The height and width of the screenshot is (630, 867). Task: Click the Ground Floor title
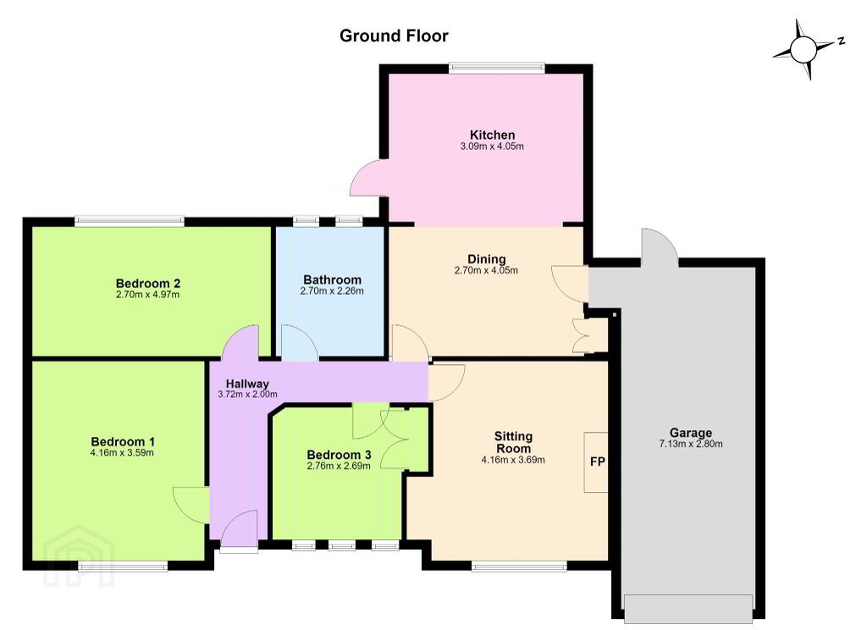pyautogui.click(x=394, y=36)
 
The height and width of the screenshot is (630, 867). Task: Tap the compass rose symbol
pyautogui.click(x=803, y=50)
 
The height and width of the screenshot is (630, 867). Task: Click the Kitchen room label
pyautogui.click(x=492, y=135)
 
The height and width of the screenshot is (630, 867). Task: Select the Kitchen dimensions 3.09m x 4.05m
pyautogui.click(x=492, y=146)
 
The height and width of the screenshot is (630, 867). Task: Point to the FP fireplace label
pyautogui.click(x=598, y=461)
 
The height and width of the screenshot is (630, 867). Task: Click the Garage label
pyautogui.click(x=691, y=433)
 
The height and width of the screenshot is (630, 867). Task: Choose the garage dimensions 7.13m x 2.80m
pyautogui.click(x=691, y=444)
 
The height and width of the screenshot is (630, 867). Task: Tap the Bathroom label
pyautogui.click(x=332, y=280)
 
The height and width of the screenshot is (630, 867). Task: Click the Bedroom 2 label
pyautogui.click(x=147, y=284)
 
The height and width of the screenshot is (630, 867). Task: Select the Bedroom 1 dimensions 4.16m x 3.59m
pyautogui.click(x=122, y=453)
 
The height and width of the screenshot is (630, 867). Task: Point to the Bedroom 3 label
pyautogui.click(x=339, y=455)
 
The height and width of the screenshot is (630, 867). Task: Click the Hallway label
pyautogui.click(x=247, y=384)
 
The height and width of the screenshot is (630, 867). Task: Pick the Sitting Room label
pyautogui.click(x=513, y=442)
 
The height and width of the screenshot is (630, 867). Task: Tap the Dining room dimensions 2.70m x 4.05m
pyautogui.click(x=486, y=270)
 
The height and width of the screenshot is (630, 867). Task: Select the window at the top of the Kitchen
pyautogui.click(x=496, y=68)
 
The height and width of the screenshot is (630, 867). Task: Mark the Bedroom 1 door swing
pyautogui.click(x=191, y=505)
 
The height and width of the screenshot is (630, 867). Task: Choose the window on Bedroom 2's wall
pyautogui.click(x=130, y=221)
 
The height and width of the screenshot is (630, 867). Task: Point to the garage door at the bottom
pyautogui.click(x=688, y=609)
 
